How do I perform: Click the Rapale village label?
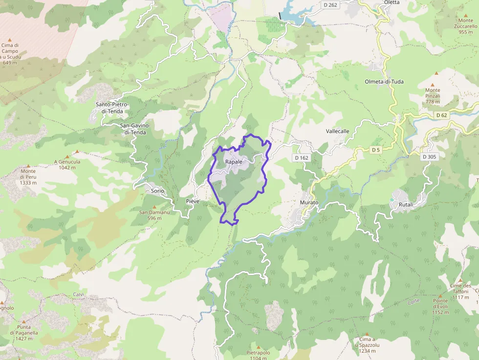point(234,162)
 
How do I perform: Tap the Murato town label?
point(309,202)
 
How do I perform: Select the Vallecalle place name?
point(338,131)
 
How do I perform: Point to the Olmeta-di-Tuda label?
point(384,82)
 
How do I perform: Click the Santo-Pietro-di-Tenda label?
point(112,108)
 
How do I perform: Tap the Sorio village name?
point(157,191)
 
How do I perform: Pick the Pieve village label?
point(193,201)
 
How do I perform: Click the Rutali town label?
point(406,204)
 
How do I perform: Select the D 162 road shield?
point(302,158)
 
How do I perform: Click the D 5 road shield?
point(375,150)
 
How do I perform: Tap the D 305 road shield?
point(430,157)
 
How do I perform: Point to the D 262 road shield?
point(330,5)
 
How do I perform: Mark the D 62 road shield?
point(441,115)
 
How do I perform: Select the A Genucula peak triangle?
point(76,152)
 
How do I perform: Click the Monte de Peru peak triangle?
point(28,166)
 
